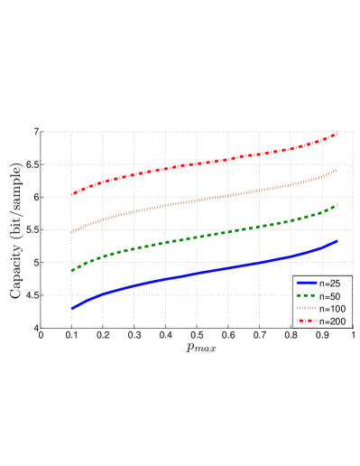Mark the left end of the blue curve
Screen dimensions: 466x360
point(72,308)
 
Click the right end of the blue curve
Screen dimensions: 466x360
point(337,241)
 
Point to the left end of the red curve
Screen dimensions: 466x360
point(72,194)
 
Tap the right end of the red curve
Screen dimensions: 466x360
point(337,134)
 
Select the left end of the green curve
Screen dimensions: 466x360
point(72,270)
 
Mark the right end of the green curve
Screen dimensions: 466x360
point(337,205)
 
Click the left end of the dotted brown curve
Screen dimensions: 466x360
point(72,232)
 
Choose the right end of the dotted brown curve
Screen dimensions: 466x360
point(337,170)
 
